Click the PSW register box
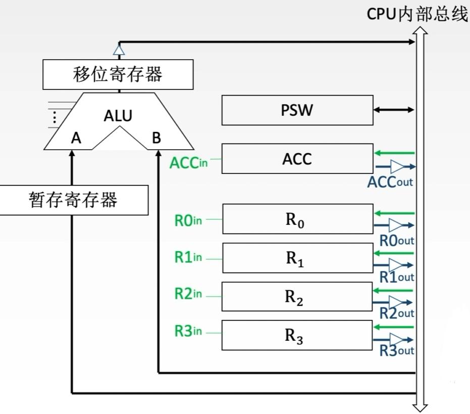pyautogui.click(x=296, y=111)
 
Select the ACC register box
pyautogui.click(x=296, y=159)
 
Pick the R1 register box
pyautogui.click(x=296, y=258)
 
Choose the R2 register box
pyautogui.click(x=296, y=297)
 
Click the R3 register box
pyautogui.click(x=296, y=336)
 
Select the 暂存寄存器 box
pyautogui.click(x=74, y=200)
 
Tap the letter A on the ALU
pyautogui.click(x=76, y=139)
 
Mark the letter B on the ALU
pyautogui.click(x=156, y=139)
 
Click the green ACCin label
pyautogui.click(x=189, y=163)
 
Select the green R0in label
pyautogui.click(x=188, y=220)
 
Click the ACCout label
pyautogui.click(x=390, y=181)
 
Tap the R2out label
pyautogui.click(x=396, y=313)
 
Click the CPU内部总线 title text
pyautogui.click(x=417, y=15)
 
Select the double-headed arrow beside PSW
pyautogui.click(x=393, y=109)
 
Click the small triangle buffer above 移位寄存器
pyautogui.click(x=119, y=50)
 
